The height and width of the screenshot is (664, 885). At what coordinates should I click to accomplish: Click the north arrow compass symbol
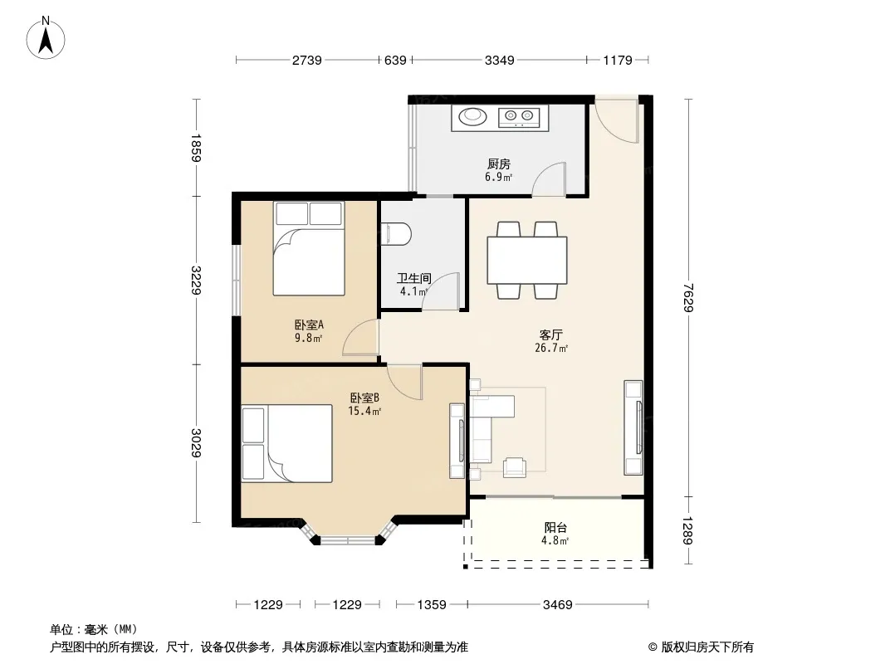[46, 38]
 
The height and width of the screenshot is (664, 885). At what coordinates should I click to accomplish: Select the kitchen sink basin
[472, 116]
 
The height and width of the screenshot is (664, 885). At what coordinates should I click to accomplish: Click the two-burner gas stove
[519, 117]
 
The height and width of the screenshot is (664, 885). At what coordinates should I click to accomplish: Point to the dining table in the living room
[526, 261]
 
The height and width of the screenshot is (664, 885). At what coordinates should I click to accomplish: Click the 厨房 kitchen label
[499, 164]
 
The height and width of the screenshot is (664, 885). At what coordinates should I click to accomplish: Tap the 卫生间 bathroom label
[413, 278]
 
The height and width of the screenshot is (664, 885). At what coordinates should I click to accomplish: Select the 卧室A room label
[309, 325]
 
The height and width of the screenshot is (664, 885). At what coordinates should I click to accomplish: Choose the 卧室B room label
[364, 398]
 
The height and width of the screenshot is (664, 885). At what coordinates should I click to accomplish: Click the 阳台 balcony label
[555, 528]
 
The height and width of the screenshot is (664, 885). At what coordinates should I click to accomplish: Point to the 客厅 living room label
[551, 335]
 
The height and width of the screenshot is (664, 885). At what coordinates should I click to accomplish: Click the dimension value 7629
[688, 297]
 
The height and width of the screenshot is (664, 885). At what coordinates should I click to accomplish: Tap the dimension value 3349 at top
[500, 60]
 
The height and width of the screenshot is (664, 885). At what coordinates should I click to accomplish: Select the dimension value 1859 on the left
[196, 148]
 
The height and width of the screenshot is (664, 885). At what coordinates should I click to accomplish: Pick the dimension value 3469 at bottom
[558, 605]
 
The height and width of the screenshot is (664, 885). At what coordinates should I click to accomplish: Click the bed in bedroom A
[309, 248]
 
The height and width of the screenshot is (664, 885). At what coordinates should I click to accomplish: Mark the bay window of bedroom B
[348, 533]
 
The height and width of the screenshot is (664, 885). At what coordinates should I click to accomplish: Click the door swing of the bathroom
[441, 291]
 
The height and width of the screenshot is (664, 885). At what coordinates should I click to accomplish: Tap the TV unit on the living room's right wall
[633, 427]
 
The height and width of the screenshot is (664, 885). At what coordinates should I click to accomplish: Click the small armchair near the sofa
[515, 466]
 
